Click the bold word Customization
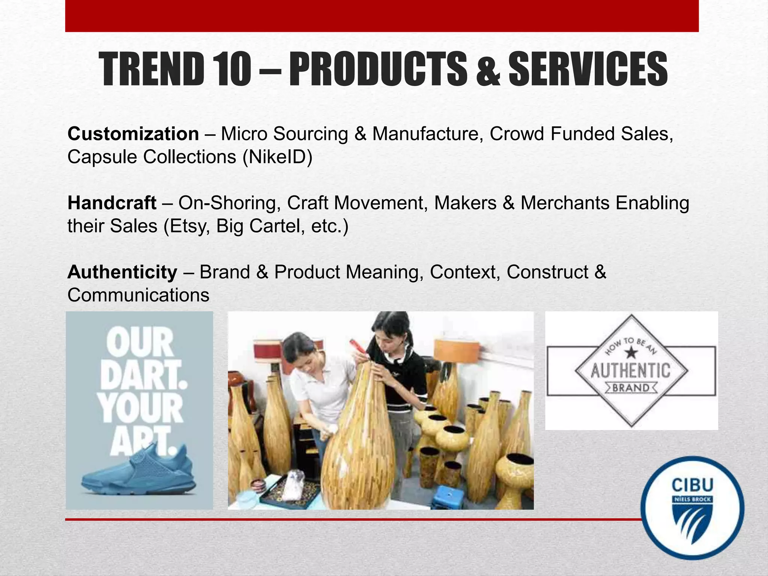pos(133,134)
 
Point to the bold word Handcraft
pos(112,203)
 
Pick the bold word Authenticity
pos(122,272)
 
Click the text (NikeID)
pos(277,157)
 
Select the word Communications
pos(138,295)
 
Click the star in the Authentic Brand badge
pos(631,352)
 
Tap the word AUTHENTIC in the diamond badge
pos(631,371)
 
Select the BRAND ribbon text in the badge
pos(631,387)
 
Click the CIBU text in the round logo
pos(692,485)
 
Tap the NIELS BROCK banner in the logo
pos(692,499)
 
